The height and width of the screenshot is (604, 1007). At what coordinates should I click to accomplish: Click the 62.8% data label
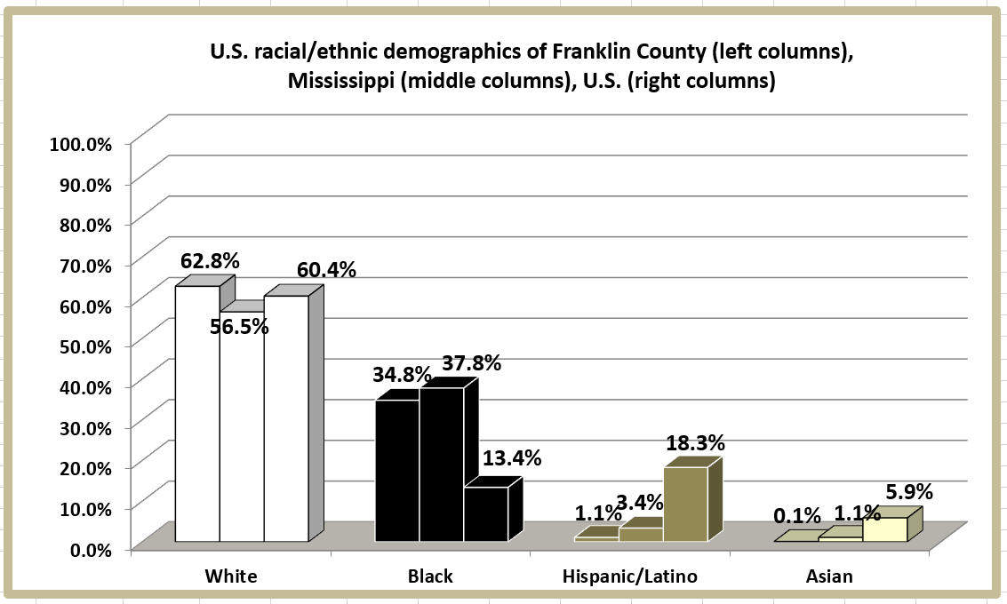(210, 262)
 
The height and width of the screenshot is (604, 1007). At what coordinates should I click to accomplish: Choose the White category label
(231, 576)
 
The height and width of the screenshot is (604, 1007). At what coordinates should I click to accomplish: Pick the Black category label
(430, 576)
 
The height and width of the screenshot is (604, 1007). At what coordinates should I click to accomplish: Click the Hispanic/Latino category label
(630, 576)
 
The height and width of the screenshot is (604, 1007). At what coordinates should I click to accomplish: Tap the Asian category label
(829, 576)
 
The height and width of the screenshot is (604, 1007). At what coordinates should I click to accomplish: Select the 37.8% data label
(472, 363)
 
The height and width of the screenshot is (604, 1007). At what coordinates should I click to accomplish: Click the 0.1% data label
(797, 515)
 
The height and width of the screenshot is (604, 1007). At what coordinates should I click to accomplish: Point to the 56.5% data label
(239, 326)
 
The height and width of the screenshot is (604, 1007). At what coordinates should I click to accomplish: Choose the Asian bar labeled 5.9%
(884, 529)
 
